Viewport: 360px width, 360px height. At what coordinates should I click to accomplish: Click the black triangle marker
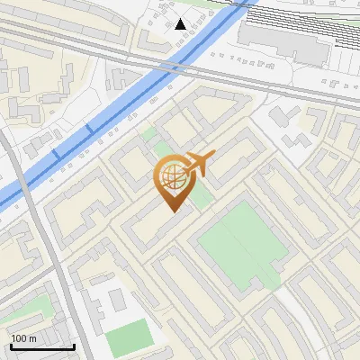tap(181, 24)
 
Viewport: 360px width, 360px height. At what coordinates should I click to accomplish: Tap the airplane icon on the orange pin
tap(199, 165)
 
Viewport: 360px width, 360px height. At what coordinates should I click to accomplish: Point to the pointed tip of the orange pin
tap(174, 211)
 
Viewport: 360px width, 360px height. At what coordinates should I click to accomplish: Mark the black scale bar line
tap(42, 346)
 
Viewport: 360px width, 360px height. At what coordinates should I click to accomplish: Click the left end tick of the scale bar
tap(11, 345)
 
